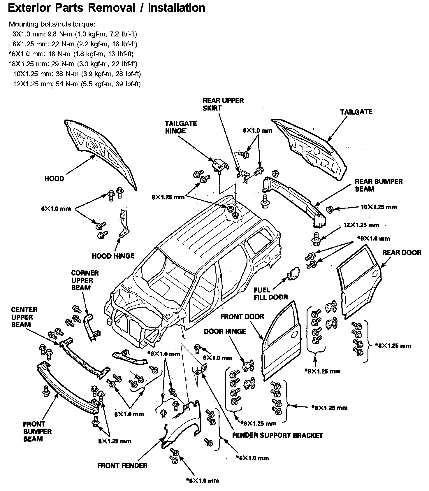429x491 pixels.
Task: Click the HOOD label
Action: pyautogui.click(x=54, y=178)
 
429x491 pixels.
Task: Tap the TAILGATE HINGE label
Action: pyautogui.click(x=181, y=127)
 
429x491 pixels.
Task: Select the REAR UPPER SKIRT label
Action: pyautogui.click(x=223, y=104)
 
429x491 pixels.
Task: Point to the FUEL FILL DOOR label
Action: pyautogui.click(x=270, y=294)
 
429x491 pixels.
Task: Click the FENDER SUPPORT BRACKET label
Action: pyautogui.click(x=277, y=435)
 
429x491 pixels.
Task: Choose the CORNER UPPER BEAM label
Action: pyautogui.click(x=85, y=280)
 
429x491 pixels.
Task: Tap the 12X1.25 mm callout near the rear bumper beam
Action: pyautogui.click(x=361, y=225)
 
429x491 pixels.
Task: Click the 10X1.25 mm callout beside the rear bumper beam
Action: pyautogui.click(x=379, y=207)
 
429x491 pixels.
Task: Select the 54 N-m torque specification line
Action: pyautogui.click(x=77, y=84)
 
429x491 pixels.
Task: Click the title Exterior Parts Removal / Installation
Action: pyautogui.click(x=106, y=8)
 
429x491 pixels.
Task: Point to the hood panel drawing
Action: pyautogui.click(x=101, y=152)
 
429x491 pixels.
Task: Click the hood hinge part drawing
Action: pyautogui.click(x=124, y=223)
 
